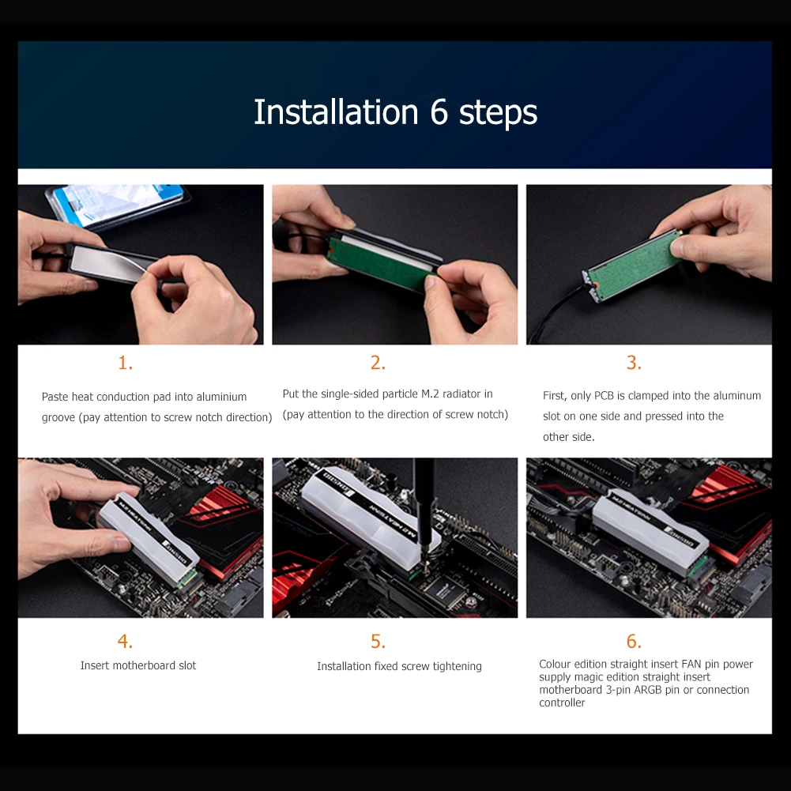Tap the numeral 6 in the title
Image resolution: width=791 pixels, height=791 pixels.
(x=439, y=112)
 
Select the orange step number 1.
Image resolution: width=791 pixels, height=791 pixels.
(x=126, y=363)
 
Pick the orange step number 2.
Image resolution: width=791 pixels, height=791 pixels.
(x=378, y=363)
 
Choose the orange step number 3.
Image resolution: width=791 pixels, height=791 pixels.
(x=634, y=363)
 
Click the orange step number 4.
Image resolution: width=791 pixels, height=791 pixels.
(x=126, y=641)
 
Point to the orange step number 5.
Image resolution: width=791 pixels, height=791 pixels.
(x=378, y=641)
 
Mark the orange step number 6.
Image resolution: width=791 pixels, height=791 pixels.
(x=634, y=641)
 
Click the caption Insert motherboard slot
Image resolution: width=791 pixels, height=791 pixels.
(x=138, y=665)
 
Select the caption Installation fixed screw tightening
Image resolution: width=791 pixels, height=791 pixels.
(x=399, y=666)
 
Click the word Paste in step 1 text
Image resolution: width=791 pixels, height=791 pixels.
(x=55, y=397)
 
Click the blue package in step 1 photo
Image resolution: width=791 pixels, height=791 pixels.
(x=119, y=204)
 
